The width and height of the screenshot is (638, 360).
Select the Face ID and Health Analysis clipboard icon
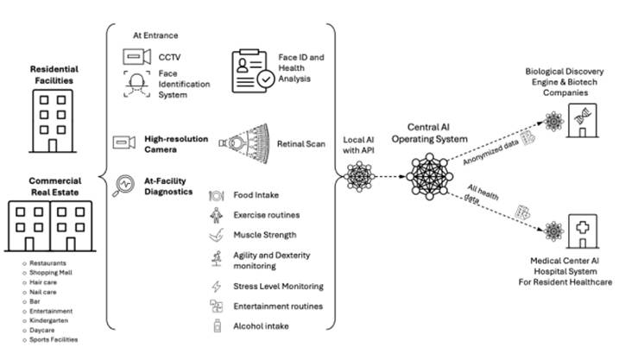tap(251, 67)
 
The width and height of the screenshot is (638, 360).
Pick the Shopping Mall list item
tap(47, 273)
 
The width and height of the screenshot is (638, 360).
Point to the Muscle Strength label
tap(265, 234)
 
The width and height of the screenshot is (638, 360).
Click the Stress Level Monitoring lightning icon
tap(216, 286)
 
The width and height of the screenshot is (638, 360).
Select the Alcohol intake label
tap(260, 325)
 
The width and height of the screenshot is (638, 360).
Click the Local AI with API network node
tap(358, 176)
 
